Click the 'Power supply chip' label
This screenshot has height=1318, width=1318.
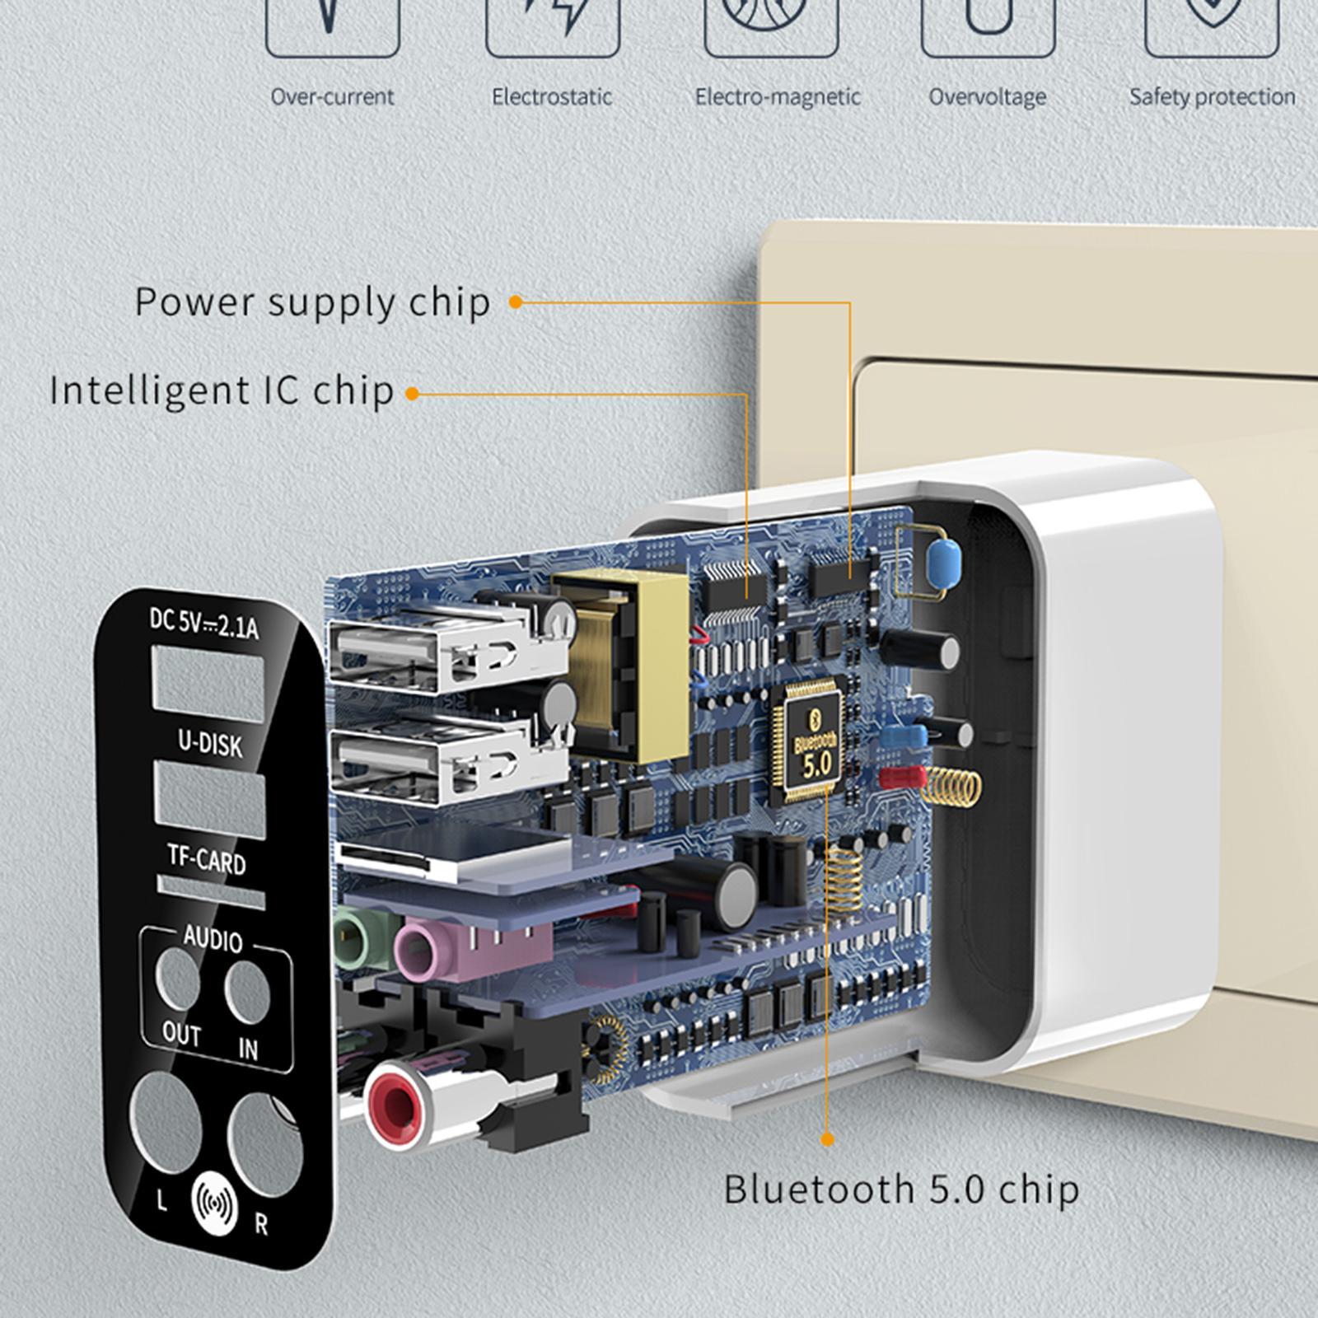(x=312, y=302)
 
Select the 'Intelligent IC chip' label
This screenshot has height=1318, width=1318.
(x=222, y=390)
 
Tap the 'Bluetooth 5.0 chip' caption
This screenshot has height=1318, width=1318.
(x=901, y=1189)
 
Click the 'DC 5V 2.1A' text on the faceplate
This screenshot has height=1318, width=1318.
(x=203, y=623)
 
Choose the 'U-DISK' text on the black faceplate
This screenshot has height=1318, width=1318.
(x=211, y=744)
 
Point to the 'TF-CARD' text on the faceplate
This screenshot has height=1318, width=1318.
(x=207, y=860)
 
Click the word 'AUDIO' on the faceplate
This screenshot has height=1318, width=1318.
(x=213, y=939)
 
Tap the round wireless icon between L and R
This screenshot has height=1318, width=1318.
(x=214, y=1203)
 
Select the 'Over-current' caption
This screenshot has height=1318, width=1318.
(x=333, y=97)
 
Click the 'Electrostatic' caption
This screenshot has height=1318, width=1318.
(x=552, y=97)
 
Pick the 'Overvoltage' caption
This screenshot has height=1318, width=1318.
(x=988, y=97)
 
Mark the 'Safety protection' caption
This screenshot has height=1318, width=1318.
(x=1212, y=97)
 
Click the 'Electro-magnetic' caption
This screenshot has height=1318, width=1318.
(x=778, y=97)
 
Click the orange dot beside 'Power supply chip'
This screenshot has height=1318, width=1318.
(x=516, y=302)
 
